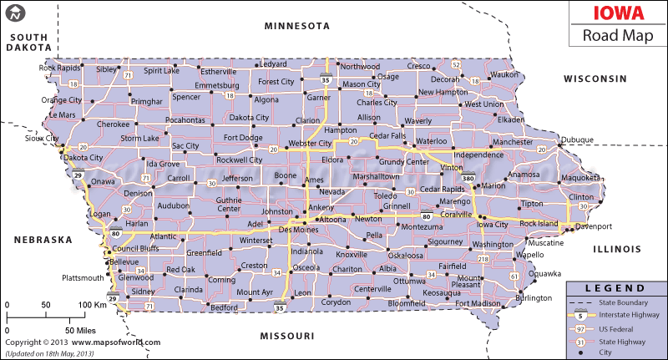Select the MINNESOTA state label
297,26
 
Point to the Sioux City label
41,139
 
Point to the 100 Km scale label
93,306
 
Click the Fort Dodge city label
242,137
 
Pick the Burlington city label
534,297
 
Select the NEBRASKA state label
43,240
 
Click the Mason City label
362,84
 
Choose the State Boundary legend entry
624,301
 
